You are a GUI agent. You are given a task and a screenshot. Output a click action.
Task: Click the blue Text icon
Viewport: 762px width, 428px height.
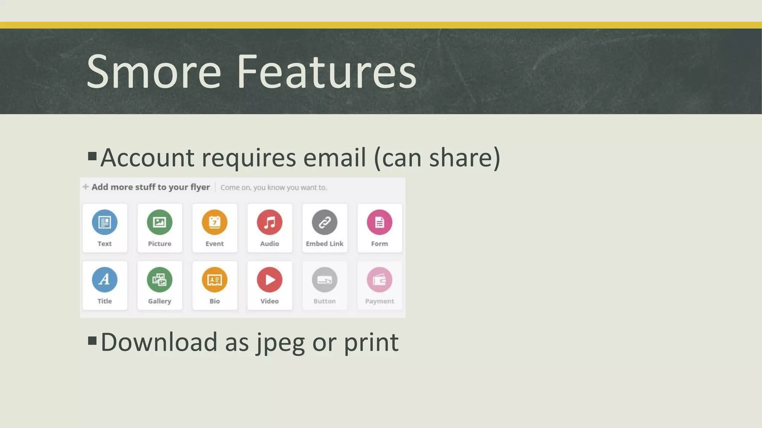tap(105, 222)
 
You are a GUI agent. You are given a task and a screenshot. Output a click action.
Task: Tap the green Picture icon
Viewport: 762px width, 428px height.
tap(160, 222)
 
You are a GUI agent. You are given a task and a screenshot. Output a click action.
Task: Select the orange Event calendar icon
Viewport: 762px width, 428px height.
tap(215, 222)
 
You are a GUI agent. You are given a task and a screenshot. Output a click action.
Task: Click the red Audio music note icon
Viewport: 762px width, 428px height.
tap(269, 222)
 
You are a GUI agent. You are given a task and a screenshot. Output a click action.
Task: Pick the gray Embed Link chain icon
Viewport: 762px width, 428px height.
tap(324, 222)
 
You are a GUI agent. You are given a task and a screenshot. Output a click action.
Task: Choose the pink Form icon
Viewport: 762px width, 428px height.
tap(380, 222)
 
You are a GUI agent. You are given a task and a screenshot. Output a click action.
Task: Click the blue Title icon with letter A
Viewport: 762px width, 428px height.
tap(105, 280)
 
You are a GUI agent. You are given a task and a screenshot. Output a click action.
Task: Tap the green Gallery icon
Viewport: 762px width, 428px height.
tap(160, 280)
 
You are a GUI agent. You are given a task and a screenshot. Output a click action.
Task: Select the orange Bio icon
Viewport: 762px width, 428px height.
tap(215, 280)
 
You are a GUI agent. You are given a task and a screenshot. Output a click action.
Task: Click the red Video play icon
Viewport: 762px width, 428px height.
tap(269, 280)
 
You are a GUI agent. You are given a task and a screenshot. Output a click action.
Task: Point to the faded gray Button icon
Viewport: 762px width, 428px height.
tap(324, 280)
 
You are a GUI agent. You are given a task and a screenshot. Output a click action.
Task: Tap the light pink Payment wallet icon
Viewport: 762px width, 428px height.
tap(380, 280)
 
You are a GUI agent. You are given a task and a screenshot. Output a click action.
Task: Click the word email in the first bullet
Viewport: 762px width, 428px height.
tap(334, 158)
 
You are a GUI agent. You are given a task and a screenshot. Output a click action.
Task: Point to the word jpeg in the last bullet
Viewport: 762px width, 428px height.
tap(281, 343)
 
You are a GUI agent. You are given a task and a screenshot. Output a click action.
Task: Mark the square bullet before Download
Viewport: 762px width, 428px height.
tap(92, 340)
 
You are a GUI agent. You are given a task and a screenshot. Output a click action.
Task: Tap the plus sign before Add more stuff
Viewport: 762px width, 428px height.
tap(86, 187)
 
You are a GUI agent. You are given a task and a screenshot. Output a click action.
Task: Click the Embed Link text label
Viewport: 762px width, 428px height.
tap(324, 244)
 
